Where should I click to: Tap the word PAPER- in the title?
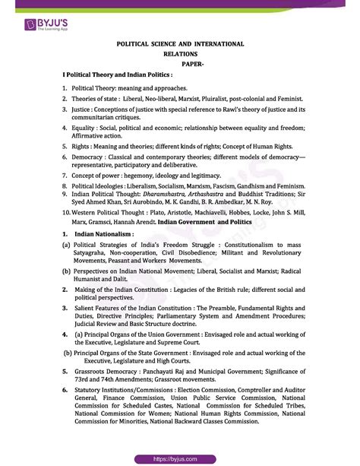click(180, 65)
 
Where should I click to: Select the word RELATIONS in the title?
click(180, 55)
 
